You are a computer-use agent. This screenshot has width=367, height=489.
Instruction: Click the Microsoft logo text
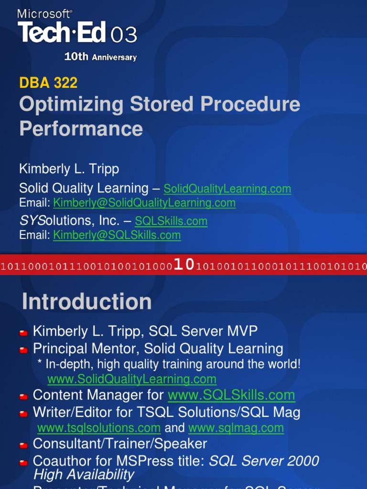coord(45,14)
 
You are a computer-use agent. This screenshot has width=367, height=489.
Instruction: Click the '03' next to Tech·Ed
coord(124,35)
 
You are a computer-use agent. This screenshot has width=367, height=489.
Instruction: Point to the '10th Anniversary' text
coord(100,57)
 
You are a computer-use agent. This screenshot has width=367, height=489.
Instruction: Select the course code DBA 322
coord(48,83)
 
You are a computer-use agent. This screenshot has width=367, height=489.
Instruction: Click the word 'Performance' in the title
coord(81,129)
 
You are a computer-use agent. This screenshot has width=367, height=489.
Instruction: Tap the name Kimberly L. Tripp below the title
coord(69,169)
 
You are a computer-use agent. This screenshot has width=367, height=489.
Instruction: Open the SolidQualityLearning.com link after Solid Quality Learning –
coord(227,189)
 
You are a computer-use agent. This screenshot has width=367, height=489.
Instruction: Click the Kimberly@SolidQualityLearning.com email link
coord(144,203)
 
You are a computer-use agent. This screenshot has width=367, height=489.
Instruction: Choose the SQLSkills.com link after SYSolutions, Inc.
coord(171,222)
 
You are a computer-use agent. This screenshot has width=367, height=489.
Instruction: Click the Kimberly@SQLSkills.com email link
coord(117,235)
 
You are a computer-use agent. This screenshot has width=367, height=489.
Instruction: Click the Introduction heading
coord(86,302)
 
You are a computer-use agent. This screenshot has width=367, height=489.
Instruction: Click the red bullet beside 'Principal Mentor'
coord(23,350)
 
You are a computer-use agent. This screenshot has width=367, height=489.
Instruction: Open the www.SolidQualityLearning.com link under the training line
coord(132,380)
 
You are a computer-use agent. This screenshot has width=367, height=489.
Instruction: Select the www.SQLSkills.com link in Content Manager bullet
coord(231,395)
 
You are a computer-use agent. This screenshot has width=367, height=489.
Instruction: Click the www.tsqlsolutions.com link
coord(99,428)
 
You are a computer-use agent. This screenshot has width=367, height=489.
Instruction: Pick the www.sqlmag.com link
coord(236,428)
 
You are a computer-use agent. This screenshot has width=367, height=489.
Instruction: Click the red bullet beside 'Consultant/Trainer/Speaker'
coord(23,445)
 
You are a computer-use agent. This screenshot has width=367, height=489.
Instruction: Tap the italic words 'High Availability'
coord(84,475)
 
